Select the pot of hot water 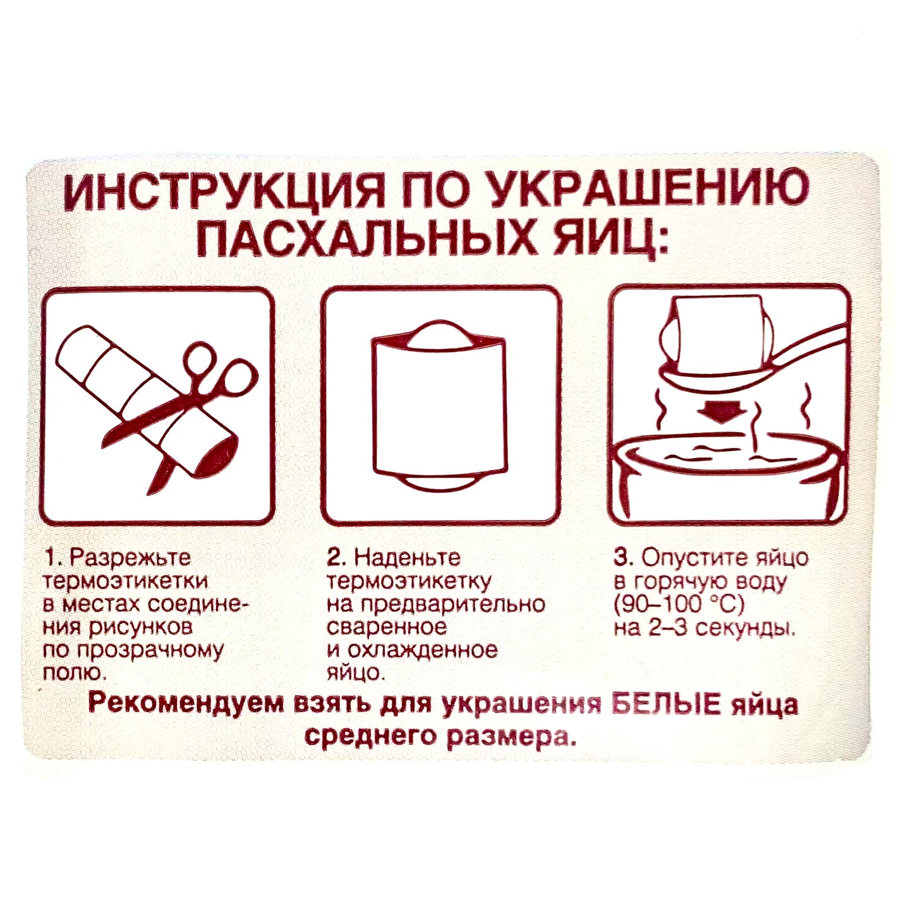[727, 480]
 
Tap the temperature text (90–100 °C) [679, 605]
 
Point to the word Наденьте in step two [408, 558]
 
